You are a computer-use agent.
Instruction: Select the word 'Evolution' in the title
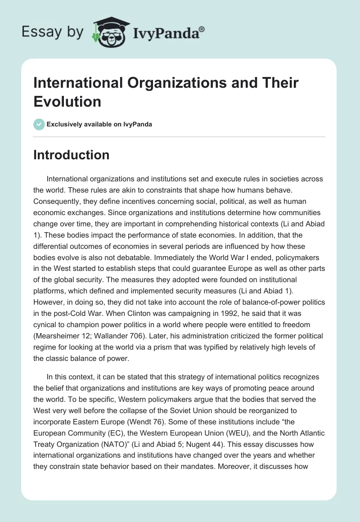(x=67, y=102)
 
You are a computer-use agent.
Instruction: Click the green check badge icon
(x=39, y=124)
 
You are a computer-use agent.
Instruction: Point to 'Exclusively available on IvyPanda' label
(x=99, y=124)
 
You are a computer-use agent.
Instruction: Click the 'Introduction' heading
(x=72, y=155)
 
